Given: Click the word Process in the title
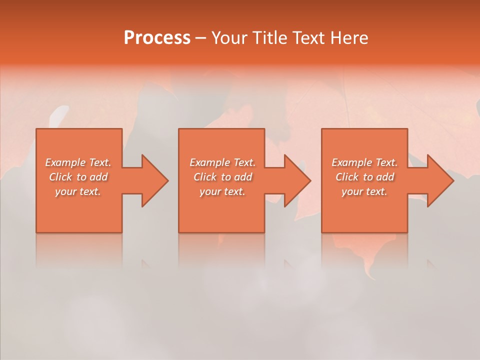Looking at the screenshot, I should [x=157, y=38].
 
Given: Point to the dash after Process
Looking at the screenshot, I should [x=201, y=38].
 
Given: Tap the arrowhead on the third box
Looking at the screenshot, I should [x=439, y=180].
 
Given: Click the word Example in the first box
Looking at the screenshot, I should [x=65, y=162].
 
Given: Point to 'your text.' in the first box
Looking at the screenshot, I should [x=78, y=191].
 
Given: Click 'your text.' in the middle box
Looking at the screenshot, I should [x=222, y=191].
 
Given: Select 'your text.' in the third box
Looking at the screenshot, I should [x=364, y=191].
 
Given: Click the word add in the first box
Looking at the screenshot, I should [x=99, y=177].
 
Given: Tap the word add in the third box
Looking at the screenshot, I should [x=385, y=177].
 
